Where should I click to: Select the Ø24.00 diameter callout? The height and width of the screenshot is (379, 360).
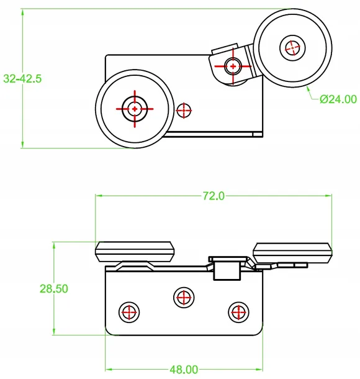point(338,99)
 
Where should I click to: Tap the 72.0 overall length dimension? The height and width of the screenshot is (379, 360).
point(213,196)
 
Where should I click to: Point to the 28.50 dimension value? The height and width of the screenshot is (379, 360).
point(53,288)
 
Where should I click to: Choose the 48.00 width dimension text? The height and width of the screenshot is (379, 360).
point(184,370)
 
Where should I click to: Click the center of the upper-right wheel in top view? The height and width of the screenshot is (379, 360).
point(293,46)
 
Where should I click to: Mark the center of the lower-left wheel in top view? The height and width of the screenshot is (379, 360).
point(134,109)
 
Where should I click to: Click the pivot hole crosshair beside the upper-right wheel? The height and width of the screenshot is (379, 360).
point(233,65)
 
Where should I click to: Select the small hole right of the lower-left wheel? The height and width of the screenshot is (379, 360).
point(184,111)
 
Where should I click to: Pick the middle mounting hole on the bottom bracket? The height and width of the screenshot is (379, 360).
point(183,297)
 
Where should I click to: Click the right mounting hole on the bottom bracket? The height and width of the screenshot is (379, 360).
point(238,312)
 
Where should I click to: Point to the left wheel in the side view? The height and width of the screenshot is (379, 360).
point(134,252)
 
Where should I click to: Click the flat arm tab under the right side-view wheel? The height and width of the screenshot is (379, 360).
point(289,266)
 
